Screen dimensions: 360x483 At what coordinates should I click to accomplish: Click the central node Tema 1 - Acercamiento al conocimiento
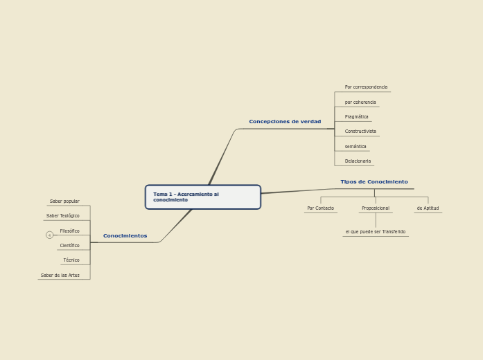pos(202,197)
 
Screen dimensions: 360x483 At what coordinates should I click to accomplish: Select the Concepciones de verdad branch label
pos(285,122)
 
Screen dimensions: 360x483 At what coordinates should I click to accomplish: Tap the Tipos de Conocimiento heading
pos(374,182)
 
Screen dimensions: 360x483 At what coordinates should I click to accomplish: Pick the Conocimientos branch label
pos(125,236)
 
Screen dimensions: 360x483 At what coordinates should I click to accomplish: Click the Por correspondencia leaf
pos(366,87)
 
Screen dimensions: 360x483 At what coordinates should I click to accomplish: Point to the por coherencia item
pos(360,102)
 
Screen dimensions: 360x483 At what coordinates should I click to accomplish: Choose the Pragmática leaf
pos(356,117)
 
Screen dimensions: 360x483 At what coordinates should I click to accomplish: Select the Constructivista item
pos(360,132)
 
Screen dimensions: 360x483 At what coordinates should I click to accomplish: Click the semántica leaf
pos(355,147)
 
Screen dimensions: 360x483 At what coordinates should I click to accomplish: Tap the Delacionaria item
pos(358,161)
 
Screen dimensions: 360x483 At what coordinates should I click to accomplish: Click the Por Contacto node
pos(320,208)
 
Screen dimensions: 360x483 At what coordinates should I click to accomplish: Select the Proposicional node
pos(375,208)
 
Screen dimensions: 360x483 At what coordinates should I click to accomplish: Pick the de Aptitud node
pos(428,208)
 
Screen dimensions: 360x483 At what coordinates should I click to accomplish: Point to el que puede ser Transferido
pos(375,232)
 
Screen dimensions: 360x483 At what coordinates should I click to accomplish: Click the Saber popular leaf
pos(64,201)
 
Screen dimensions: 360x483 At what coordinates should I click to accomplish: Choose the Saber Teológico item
pos(62,216)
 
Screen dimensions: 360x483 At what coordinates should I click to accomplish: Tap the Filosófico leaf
pos(69,231)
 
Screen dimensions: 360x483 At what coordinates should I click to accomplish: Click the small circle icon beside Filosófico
pos(49,235)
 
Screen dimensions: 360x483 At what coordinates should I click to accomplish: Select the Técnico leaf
pos(71,260)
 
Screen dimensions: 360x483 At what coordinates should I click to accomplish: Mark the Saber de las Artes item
pos(60,276)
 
